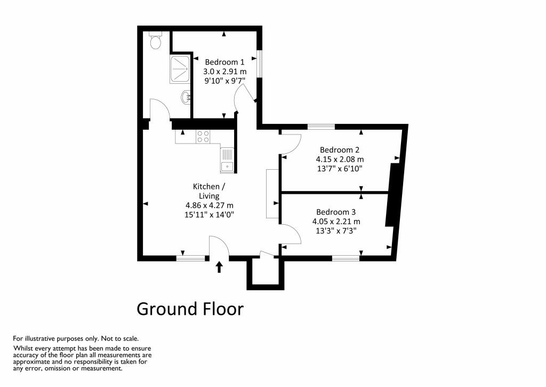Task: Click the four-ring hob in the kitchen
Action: point(203,137)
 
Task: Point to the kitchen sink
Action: point(227,160)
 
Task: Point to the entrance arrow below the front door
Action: point(219,267)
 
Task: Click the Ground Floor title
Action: point(190,309)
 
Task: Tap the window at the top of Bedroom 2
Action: point(321,127)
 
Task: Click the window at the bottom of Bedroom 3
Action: point(346,258)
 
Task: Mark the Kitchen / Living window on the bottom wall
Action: point(191,258)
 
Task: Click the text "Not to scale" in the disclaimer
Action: point(120,338)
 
